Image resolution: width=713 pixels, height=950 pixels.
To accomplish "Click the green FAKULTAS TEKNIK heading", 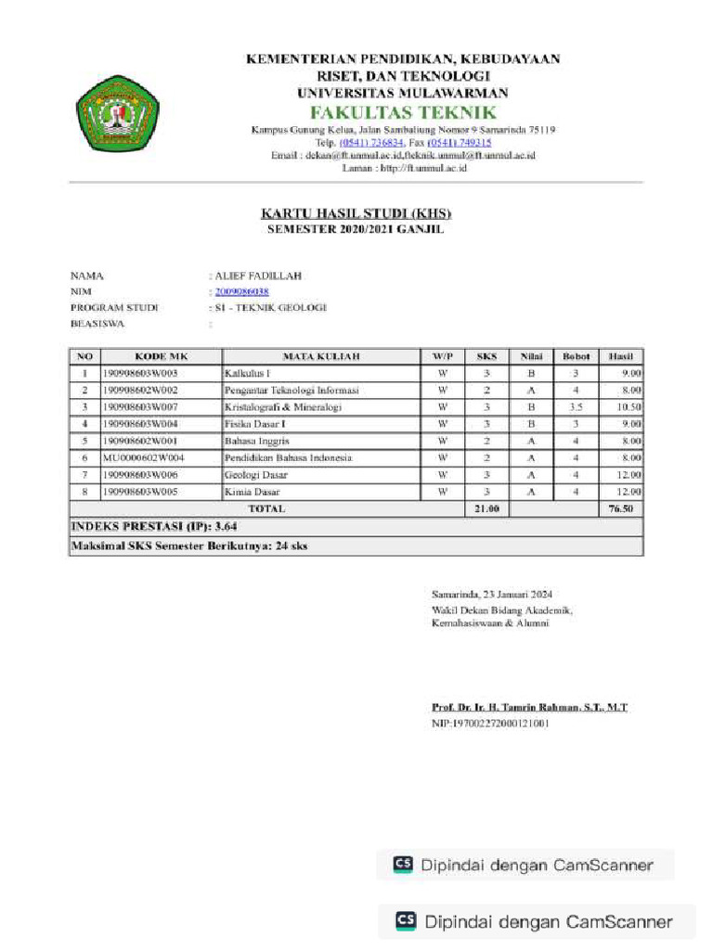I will [402, 111].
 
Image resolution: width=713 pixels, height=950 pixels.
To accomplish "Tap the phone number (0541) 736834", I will [371, 143].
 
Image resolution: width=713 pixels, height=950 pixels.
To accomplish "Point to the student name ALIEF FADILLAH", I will [258, 276].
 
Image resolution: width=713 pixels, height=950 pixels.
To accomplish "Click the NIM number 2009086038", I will [241, 291].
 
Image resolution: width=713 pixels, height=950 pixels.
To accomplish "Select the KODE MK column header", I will [161, 356].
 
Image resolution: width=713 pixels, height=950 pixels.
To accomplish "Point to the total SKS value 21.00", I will [487, 508].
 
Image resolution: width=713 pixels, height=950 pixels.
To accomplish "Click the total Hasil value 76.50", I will [620, 508].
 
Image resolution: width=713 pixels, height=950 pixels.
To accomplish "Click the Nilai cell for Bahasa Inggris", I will [531, 441].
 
